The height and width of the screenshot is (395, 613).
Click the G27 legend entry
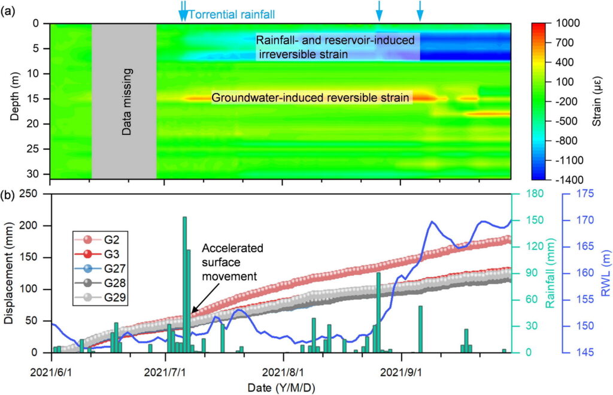tap(99, 269)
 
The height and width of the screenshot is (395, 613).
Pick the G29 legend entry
tap(99, 296)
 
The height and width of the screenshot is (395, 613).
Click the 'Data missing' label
tap(126, 101)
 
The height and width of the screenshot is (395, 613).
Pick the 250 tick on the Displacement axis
tap(35, 194)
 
